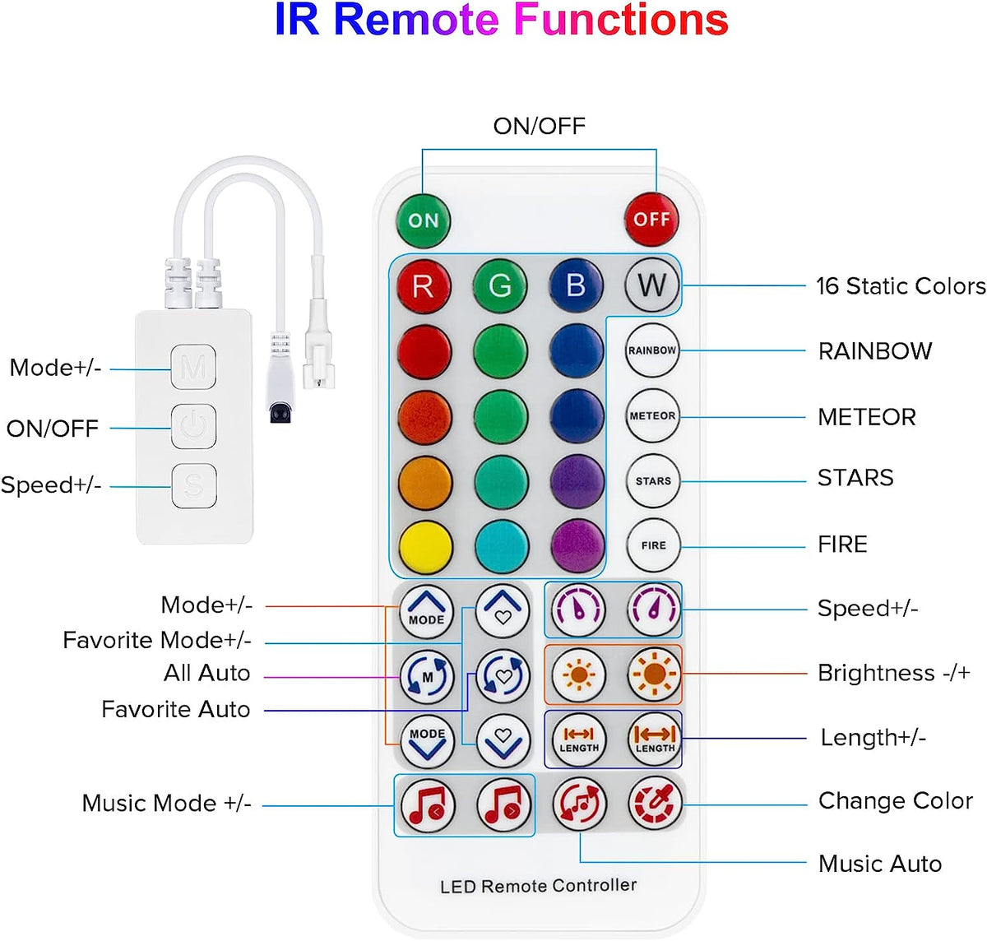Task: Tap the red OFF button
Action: pyautogui.click(x=651, y=220)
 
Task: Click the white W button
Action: pyautogui.click(x=651, y=285)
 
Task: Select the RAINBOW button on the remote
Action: pyautogui.click(x=652, y=350)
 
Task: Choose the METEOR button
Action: pyautogui.click(x=652, y=415)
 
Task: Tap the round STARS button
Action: pyautogui.click(x=653, y=480)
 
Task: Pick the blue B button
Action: pyautogui.click(x=576, y=285)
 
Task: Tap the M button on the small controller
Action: pyautogui.click(x=193, y=367)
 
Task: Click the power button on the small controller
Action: pyautogui.click(x=193, y=426)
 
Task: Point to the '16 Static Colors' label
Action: pyautogui.click(x=900, y=286)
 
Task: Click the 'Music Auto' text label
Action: pyautogui.click(x=879, y=864)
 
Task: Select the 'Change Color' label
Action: pyautogui.click(x=895, y=801)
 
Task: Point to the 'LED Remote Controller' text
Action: pyautogui.click(x=538, y=886)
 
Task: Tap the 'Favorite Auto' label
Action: pyautogui.click(x=175, y=709)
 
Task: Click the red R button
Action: pyautogui.click(x=423, y=285)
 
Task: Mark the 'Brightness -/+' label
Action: pyautogui.click(x=893, y=673)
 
